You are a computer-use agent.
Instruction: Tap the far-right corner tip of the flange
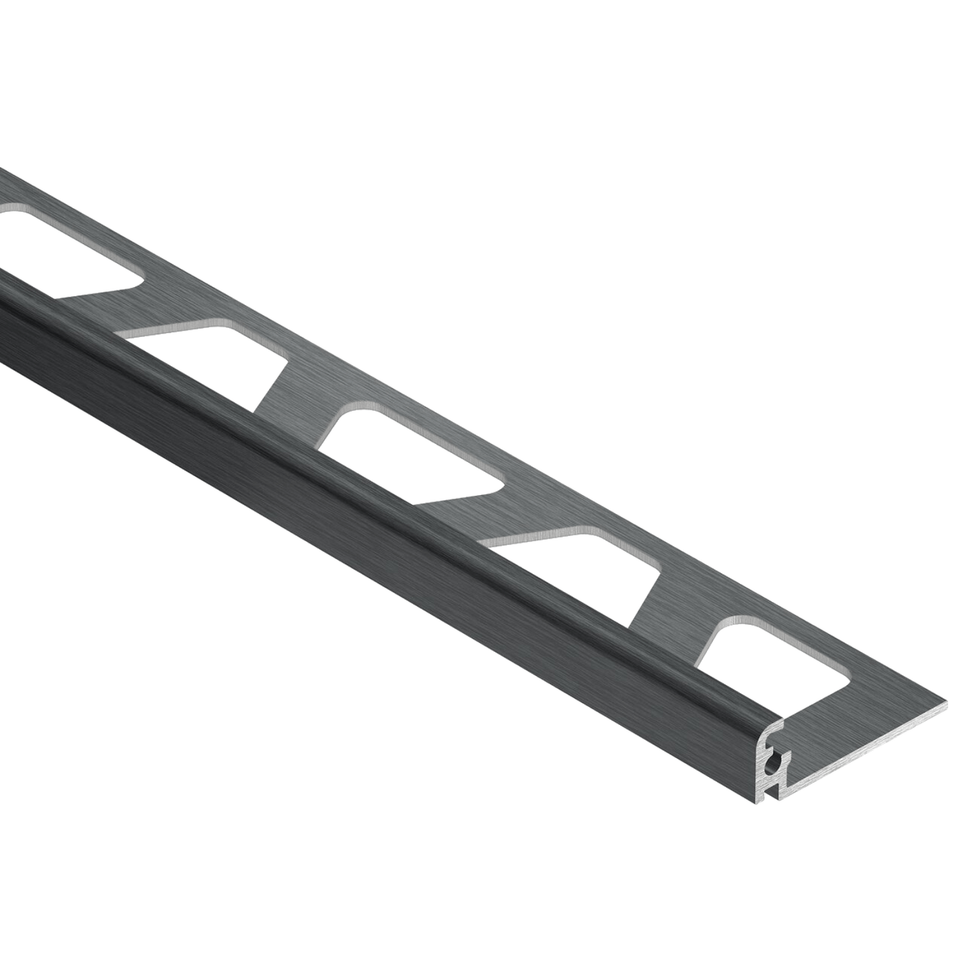(x=949, y=701)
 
